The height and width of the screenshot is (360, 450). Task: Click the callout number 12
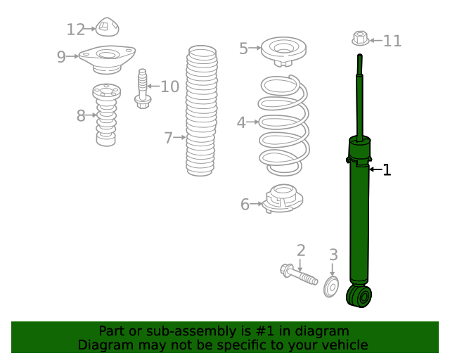click(x=76, y=30)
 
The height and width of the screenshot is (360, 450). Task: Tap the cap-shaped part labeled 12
click(x=107, y=27)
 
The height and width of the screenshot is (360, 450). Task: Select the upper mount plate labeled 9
click(x=107, y=60)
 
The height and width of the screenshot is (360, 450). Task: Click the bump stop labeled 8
click(x=106, y=115)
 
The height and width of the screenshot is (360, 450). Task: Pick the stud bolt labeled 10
click(x=143, y=89)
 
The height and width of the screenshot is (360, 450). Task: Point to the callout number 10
click(x=170, y=86)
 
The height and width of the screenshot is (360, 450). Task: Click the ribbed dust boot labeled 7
click(x=202, y=111)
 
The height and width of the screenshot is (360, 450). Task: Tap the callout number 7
click(x=169, y=138)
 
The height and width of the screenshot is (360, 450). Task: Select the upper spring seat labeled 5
click(x=283, y=51)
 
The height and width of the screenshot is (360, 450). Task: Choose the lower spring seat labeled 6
click(x=283, y=199)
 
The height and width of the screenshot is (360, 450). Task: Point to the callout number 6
click(x=245, y=205)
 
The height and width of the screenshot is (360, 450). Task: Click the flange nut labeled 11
click(x=361, y=38)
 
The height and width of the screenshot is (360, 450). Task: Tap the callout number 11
click(x=392, y=41)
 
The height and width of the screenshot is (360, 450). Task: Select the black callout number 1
click(x=387, y=169)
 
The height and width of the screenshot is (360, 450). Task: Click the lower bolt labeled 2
click(x=299, y=275)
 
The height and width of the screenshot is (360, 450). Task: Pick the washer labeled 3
click(x=331, y=286)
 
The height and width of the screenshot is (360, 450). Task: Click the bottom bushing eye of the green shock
click(x=359, y=296)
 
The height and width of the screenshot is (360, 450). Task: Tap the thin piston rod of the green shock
click(x=359, y=98)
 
